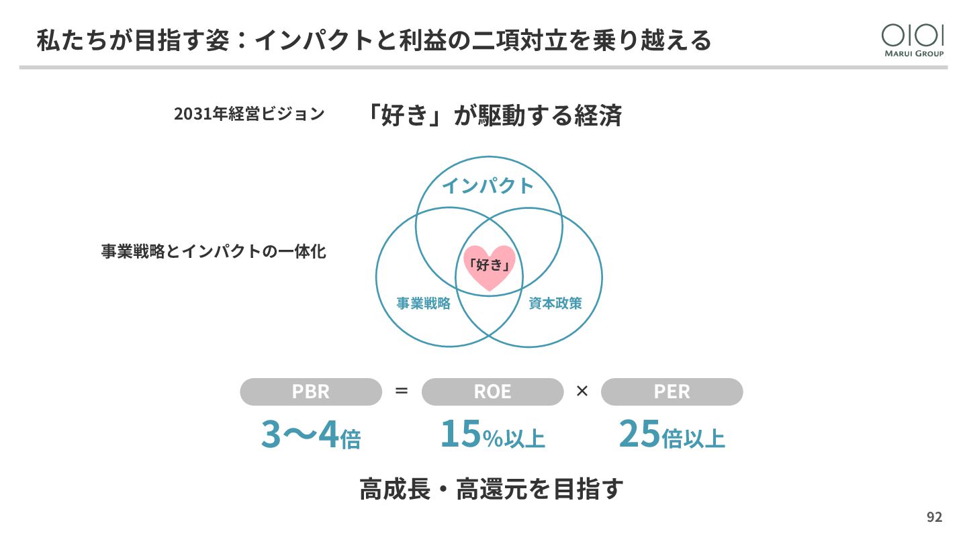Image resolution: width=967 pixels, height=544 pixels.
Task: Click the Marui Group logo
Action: [913, 40]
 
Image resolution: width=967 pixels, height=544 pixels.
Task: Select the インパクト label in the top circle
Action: [488, 186]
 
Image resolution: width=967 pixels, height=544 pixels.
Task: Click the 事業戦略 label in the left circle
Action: [423, 304]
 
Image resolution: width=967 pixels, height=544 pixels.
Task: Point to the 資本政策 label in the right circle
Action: [555, 304]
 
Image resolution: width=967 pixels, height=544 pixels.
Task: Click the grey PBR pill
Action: [311, 392]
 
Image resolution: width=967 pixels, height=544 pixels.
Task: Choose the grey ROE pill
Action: [492, 392]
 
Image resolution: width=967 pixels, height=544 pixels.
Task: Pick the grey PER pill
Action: [672, 392]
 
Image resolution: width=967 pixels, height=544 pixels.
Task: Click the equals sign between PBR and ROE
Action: [402, 391]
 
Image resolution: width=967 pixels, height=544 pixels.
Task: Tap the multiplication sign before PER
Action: [582, 391]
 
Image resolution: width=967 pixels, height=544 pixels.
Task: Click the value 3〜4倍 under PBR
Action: [311, 435]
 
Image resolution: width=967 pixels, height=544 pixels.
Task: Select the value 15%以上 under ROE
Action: [492, 435]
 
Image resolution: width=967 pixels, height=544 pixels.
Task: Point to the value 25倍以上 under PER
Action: [672, 435]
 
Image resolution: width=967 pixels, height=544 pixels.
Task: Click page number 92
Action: [934, 517]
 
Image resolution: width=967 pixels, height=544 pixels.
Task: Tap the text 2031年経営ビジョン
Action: [249, 114]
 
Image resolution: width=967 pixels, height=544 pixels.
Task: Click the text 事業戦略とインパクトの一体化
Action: [214, 252]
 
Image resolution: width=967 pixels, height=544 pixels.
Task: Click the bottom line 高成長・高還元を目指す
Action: [492, 489]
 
